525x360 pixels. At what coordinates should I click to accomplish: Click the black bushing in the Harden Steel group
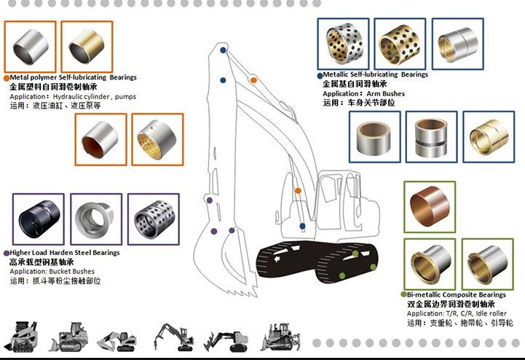point(38,219)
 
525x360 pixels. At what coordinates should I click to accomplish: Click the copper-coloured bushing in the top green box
point(429,206)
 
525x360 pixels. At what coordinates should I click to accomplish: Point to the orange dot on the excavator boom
point(298,190)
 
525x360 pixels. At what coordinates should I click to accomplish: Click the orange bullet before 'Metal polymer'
point(7,78)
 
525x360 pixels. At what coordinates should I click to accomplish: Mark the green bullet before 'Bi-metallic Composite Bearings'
point(402,295)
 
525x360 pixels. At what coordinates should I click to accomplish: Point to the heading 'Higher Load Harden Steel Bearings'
point(66,253)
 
